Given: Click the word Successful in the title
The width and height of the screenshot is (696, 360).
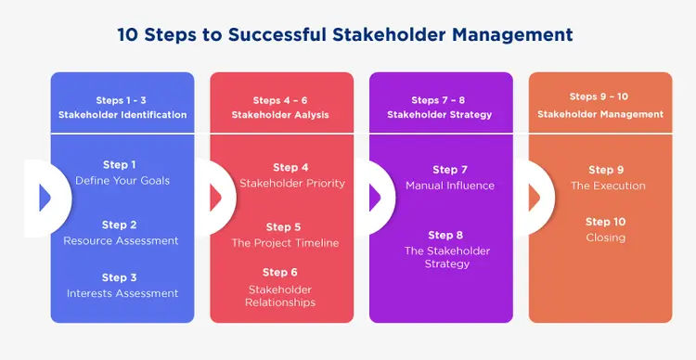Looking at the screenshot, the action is click(x=277, y=34).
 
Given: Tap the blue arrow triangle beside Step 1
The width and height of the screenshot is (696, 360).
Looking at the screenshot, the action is click(x=45, y=198).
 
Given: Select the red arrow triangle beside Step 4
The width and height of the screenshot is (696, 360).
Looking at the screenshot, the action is click(x=215, y=198).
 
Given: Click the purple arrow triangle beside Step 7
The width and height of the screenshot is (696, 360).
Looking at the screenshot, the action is click(x=375, y=198).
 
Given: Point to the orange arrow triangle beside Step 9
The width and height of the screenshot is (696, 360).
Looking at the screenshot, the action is click(x=534, y=198).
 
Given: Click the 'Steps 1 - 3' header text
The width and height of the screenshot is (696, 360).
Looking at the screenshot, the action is click(x=121, y=100).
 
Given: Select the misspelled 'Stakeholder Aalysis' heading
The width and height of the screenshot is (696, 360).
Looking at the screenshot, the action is click(x=280, y=115).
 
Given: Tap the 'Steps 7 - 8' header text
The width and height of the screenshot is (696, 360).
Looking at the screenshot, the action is click(x=438, y=100).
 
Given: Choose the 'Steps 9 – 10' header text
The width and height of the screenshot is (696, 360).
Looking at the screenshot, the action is click(x=599, y=96).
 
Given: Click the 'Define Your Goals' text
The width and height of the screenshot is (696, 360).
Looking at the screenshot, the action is click(x=122, y=181).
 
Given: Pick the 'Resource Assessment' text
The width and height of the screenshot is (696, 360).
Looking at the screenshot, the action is click(x=121, y=240).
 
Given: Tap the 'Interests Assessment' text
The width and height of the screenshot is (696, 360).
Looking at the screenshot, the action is click(x=122, y=293).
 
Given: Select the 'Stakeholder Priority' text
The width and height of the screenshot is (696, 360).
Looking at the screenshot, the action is click(x=292, y=184).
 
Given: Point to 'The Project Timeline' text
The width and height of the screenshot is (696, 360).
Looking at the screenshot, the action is click(x=285, y=243).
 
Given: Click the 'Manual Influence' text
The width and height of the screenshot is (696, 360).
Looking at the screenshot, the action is click(x=450, y=186).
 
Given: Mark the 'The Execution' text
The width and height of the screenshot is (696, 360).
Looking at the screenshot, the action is click(x=608, y=186).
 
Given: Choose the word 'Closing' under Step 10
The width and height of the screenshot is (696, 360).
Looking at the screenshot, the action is click(x=605, y=238).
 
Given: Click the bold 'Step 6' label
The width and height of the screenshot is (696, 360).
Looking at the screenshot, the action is click(x=279, y=272).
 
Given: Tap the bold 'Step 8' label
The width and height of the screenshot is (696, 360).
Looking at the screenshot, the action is click(x=445, y=235).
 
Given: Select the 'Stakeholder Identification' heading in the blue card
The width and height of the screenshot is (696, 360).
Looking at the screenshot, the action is click(x=122, y=115).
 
